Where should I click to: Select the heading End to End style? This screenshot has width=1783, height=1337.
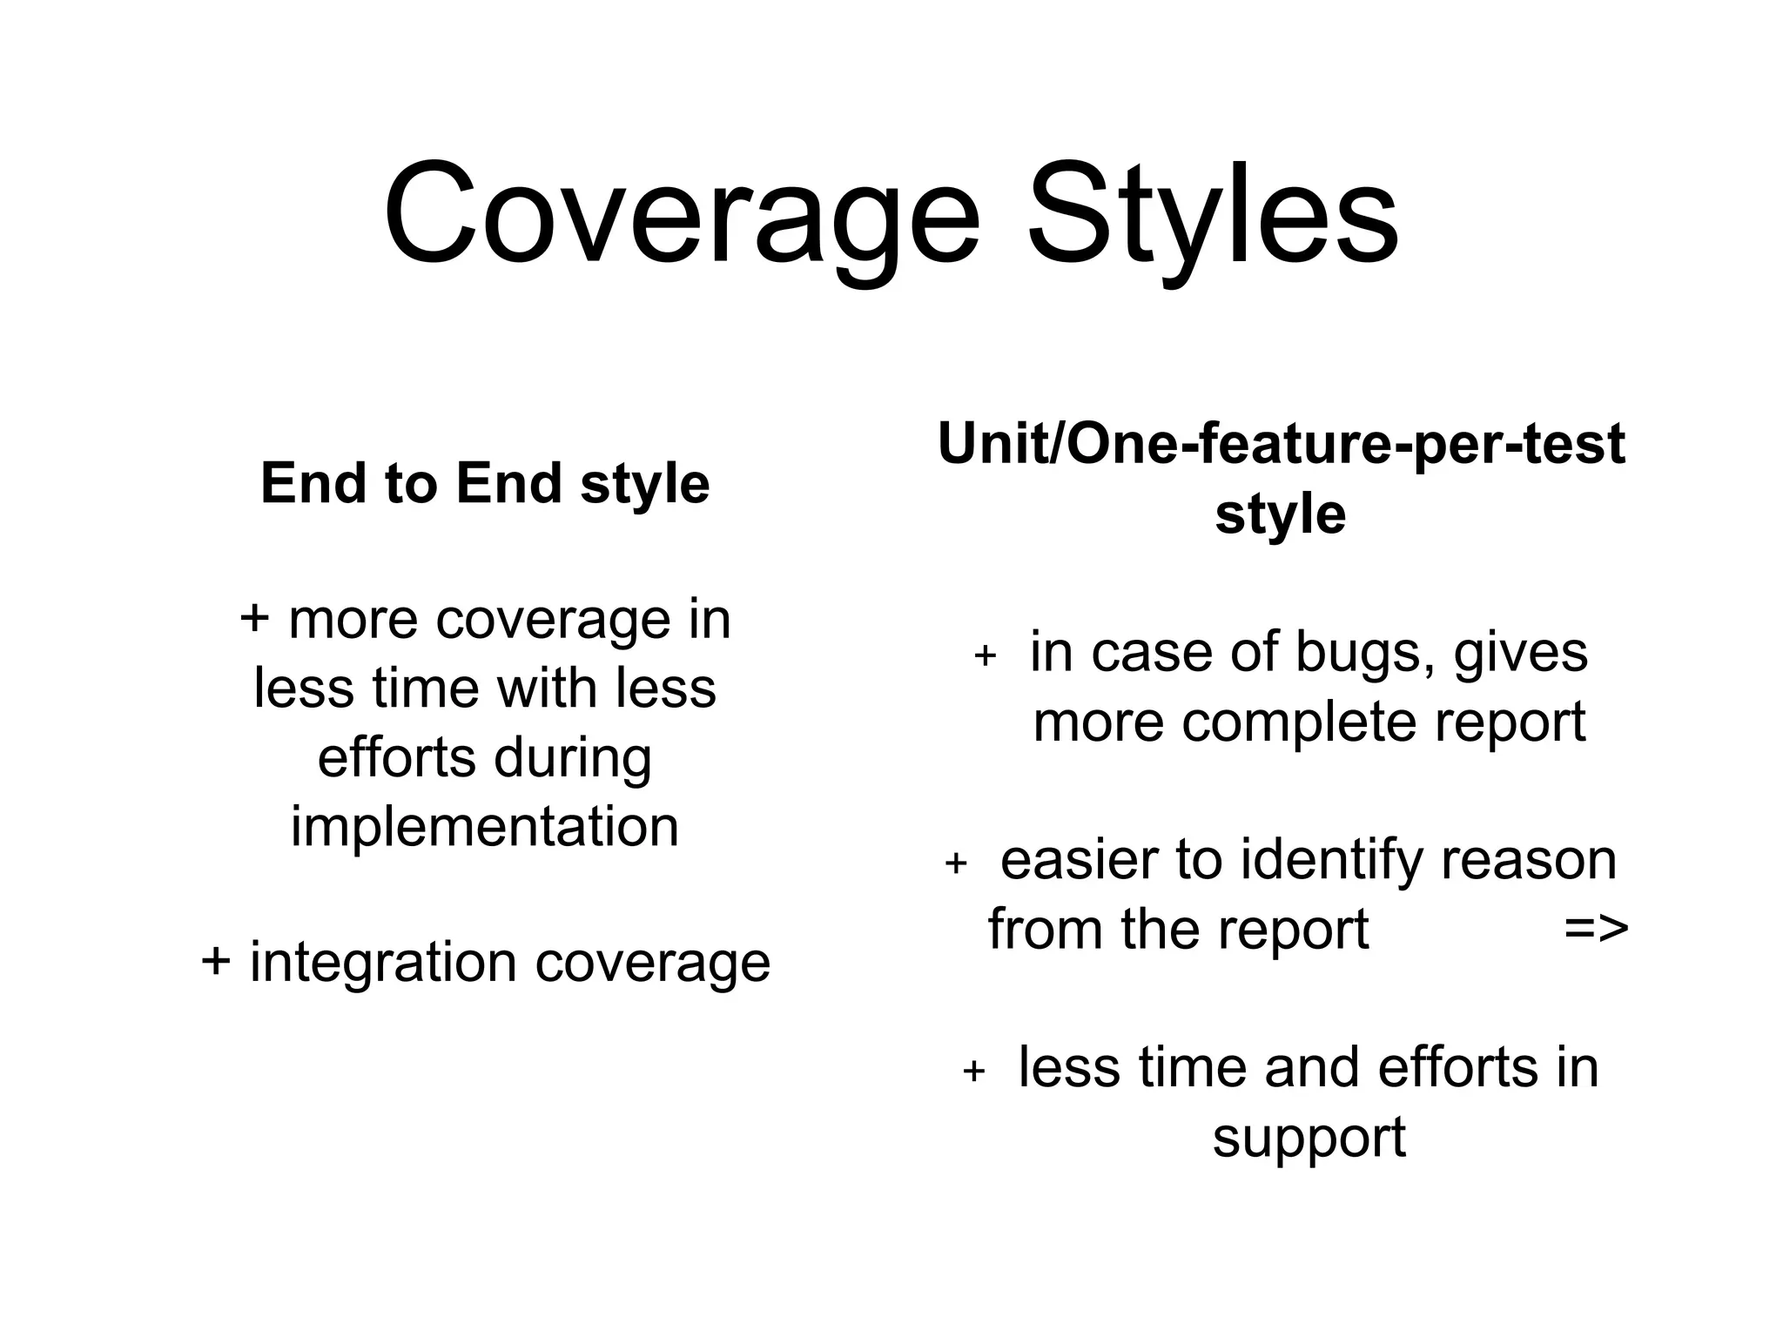[485, 483]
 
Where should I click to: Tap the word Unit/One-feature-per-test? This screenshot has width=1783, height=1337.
[1281, 445]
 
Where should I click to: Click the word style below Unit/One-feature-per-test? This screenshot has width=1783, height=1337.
[1280, 514]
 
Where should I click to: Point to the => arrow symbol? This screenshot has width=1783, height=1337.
[1595, 929]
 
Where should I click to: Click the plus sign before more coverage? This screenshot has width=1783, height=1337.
[255, 619]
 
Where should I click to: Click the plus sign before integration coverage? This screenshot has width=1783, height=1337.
[216, 962]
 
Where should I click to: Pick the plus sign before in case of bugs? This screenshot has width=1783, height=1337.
[985, 655]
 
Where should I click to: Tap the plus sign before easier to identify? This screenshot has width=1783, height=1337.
[956, 863]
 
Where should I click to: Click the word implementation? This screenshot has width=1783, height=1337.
[485, 826]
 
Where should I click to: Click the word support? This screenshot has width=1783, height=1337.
[1309, 1138]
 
